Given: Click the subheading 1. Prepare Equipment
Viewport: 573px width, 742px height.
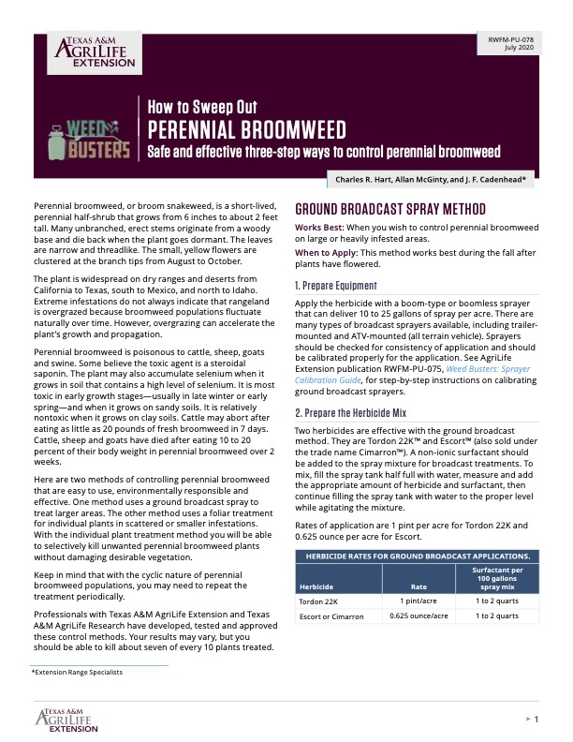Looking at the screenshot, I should point(335,285).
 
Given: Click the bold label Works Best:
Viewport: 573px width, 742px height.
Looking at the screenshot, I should point(318,228).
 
